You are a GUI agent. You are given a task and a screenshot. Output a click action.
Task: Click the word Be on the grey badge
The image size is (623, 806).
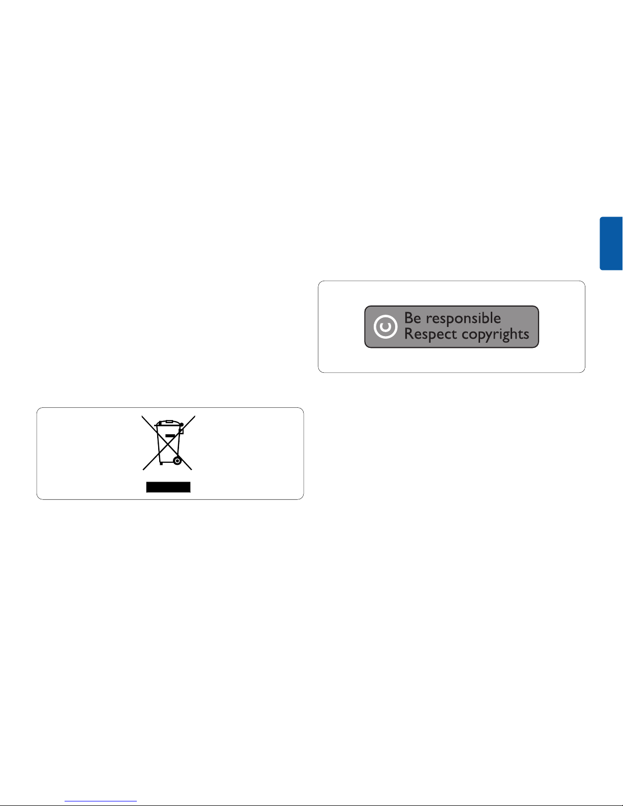pos(412,318)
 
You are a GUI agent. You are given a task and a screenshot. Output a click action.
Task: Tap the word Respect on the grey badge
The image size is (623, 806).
pos(430,335)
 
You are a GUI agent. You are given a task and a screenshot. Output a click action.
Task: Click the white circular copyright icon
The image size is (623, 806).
pos(385,327)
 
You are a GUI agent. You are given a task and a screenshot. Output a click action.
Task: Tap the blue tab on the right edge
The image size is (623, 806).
pos(611,244)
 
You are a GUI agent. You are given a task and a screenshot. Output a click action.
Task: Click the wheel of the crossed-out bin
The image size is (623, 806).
pos(176,461)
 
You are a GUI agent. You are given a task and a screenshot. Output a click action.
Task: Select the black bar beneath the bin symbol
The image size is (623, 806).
pos(168,488)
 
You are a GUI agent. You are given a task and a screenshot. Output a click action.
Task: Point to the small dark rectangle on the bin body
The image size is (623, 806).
pos(171,436)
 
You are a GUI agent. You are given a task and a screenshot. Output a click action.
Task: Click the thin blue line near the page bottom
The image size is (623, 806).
pos(101,801)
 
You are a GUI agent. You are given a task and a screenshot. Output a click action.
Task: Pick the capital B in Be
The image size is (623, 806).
pos(409,318)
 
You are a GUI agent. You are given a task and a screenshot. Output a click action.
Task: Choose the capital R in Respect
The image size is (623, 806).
pos(409,335)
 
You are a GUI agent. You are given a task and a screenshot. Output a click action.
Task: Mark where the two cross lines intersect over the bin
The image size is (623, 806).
pos(168,443)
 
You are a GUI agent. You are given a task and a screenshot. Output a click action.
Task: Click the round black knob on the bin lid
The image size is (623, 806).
pos(182,424)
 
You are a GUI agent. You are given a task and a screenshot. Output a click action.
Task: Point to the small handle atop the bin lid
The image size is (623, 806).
pos(169,422)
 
